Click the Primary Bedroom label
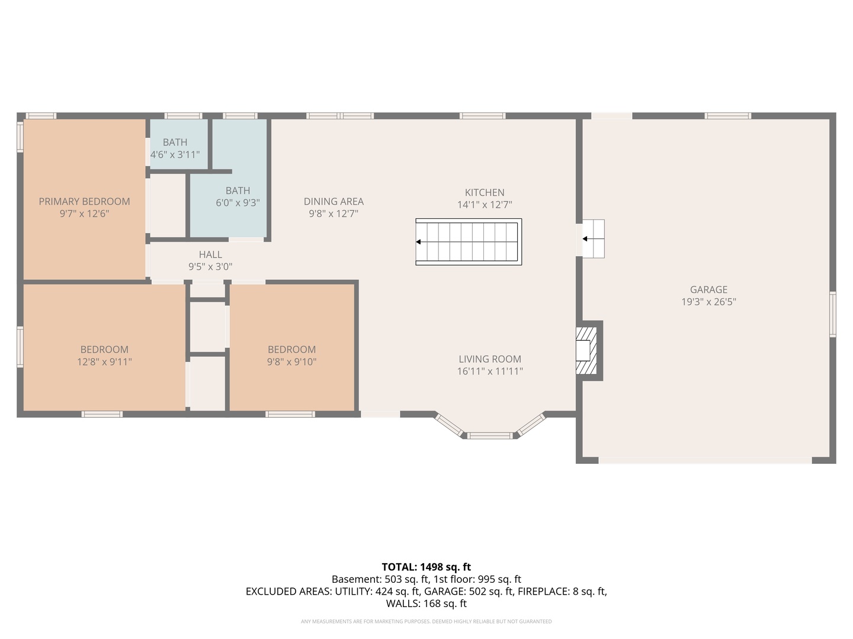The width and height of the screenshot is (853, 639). (84, 201)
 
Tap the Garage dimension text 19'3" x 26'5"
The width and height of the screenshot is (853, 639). (708, 302)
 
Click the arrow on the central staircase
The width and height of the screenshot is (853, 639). (419, 242)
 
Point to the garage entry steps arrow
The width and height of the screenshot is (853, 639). (585, 239)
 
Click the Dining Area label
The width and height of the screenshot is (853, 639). (333, 201)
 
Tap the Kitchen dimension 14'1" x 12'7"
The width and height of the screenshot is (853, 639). (485, 205)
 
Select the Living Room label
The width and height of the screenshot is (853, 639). (490, 359)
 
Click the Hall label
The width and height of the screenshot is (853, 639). (210, 254)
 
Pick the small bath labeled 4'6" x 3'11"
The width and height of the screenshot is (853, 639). (175, 149)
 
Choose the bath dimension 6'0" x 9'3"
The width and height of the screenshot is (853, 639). (238, 202)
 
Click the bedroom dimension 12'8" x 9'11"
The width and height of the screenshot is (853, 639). (104, 362)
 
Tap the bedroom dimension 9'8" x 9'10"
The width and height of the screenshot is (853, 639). (291, 362)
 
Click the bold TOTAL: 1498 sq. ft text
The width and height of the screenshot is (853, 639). (426, 567)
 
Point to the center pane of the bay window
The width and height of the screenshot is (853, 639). (490, 436)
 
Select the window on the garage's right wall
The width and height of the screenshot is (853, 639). (832, 314)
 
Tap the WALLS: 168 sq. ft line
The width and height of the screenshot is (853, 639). (426, 603)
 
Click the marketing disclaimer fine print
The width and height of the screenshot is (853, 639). (426, 621)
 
